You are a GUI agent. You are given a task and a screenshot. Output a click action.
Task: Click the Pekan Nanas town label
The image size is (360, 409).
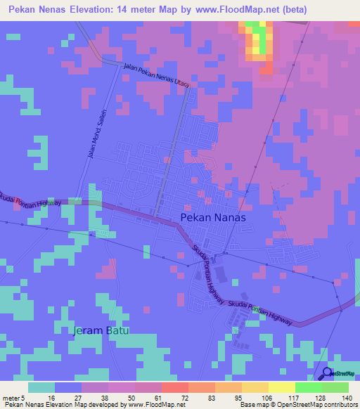pos(213,218)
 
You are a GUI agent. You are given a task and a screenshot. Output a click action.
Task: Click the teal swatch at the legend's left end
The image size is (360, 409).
pos(41,387)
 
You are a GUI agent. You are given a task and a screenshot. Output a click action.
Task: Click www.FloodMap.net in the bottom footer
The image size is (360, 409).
pos(153,405)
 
